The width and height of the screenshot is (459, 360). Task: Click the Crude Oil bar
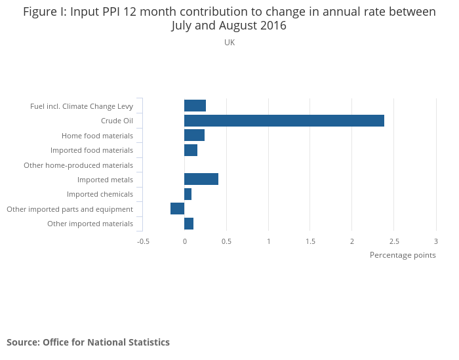[284, 121]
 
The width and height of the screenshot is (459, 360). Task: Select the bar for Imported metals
[201, 180]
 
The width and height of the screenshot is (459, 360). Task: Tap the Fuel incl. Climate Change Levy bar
[195, 106]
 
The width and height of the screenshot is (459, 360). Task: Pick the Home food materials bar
[194, 136]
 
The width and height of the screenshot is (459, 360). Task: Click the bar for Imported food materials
[191, 150]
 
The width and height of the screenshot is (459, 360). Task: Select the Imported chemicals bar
[188, 194]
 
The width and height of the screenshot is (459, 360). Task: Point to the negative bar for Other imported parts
[177, 209]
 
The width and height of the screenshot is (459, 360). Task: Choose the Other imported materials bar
[189, 224]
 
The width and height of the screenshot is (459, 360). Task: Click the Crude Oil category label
[117, 121]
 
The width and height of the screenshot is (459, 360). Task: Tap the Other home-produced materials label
[78, 165]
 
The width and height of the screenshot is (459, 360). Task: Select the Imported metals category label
[105, 180]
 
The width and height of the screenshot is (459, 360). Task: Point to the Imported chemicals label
[100, 195]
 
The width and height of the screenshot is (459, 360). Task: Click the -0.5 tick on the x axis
[143, 241]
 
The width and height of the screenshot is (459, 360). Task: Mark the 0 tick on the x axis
[184, 241]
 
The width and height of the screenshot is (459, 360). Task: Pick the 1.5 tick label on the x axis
[310, 241]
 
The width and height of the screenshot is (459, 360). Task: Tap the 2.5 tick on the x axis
[394, 241]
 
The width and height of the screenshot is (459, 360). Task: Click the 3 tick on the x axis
[435, 241]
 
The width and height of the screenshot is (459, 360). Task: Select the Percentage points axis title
[403, 255]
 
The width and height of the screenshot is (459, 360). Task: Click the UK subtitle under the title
[229, 43]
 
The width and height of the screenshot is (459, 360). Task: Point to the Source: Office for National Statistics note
[88, 342]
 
